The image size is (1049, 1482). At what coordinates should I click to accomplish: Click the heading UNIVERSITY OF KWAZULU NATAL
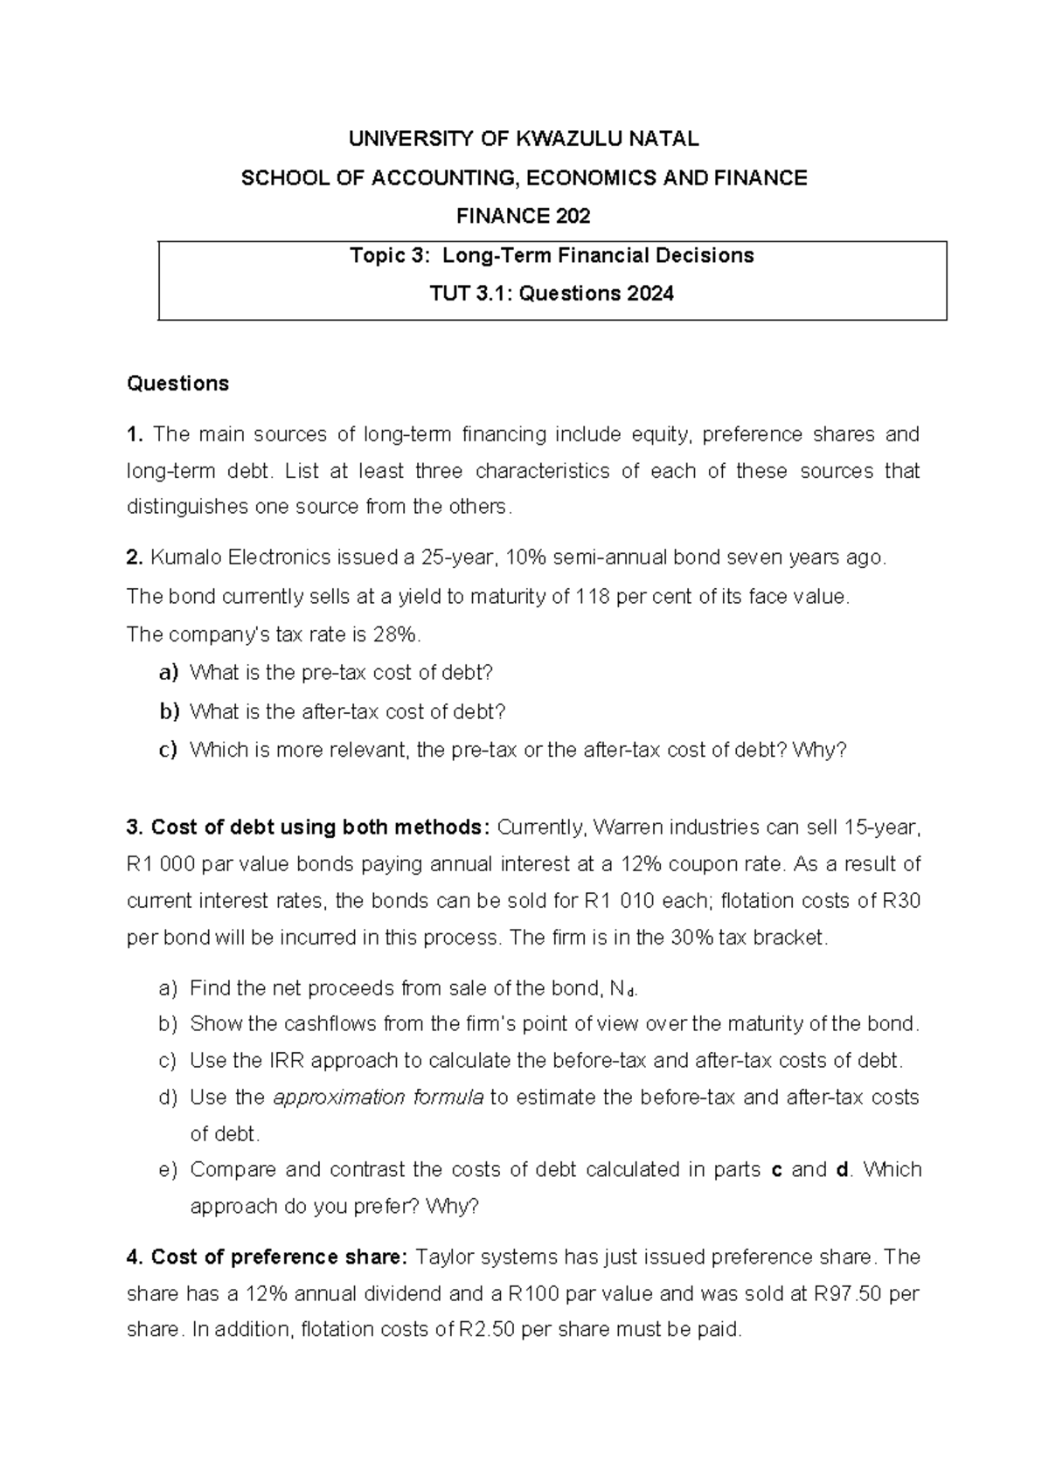(x=524, y=139)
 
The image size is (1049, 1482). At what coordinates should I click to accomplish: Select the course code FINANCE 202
(x=524, y=216)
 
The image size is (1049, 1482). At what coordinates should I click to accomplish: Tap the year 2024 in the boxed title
(x=650, y=294)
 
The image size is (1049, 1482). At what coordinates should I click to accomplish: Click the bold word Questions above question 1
(x=177, y=384)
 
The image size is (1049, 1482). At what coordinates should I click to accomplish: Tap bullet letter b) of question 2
(x=169, y=712)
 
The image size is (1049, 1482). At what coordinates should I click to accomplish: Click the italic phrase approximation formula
(x=379, y=1098)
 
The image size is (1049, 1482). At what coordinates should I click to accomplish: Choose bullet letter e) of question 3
(x=169, y=1170)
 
